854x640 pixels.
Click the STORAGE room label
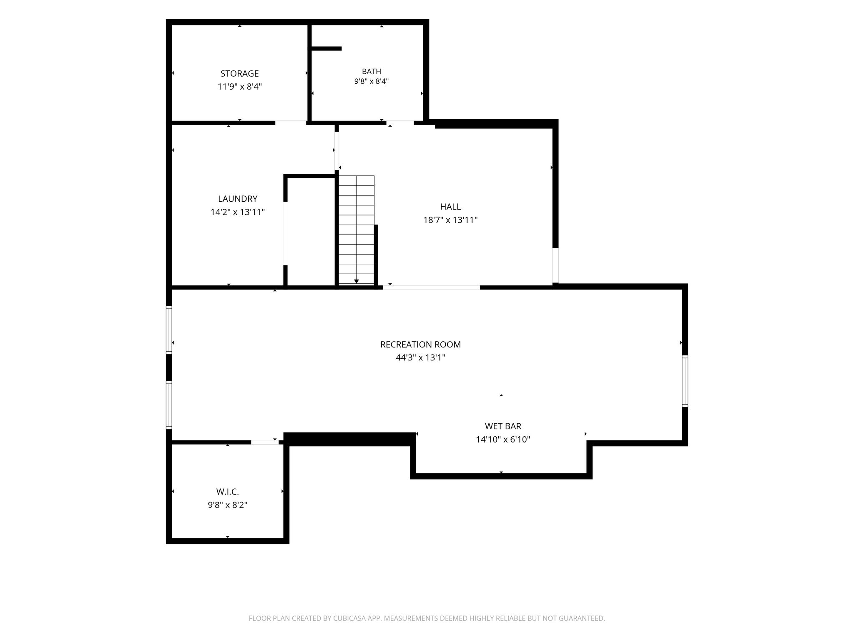point(239,74)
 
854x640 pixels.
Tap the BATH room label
point(371,72)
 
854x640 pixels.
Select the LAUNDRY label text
point(238,199)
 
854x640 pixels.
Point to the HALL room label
point(450,207)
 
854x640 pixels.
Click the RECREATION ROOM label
point(420,345)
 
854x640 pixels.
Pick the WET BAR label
point(503,426)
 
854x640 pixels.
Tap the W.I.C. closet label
point(227,492)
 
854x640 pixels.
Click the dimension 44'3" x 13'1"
point(420,357)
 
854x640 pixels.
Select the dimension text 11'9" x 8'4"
point(239,87)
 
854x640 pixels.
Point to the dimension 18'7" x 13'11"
point(450,220)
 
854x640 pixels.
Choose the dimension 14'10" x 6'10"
point(503,440)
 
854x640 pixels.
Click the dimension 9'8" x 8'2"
point(227,505)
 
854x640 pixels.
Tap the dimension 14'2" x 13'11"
point(238,212)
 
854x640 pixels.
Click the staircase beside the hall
point(357,230)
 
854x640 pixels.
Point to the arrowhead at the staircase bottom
point(357,282)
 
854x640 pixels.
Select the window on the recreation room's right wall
point(685,381)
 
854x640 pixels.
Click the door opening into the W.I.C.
point(265,442)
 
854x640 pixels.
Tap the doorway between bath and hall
point(400,122)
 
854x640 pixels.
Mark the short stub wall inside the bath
point(327,49)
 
